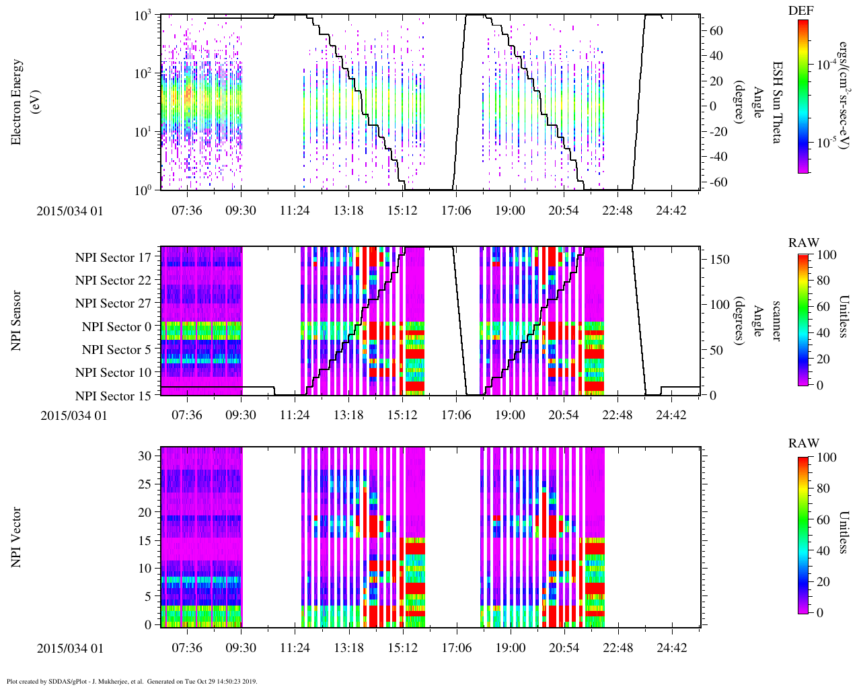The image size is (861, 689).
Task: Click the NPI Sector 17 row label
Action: coord(113,258)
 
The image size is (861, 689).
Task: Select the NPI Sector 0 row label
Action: coord(116,327)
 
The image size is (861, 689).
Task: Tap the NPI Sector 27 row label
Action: coord(113,303)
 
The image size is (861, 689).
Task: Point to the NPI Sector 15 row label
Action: coord(113,396)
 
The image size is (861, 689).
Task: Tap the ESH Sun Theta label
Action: coord(776,102)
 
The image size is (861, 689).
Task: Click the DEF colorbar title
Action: coord(800,11)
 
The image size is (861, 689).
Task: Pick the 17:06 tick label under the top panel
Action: coord(456,211)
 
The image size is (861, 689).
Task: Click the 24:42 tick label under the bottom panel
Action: coord(671,648)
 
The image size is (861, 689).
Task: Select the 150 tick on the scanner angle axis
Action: coord(720,260)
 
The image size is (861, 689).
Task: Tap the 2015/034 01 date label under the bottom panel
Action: coord(70,648)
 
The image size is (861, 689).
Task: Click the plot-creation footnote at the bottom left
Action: coord(132,681)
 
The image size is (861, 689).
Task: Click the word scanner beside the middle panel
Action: coord(776,321)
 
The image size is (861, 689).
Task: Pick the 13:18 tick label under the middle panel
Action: coord(348,415)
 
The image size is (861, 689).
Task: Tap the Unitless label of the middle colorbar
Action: coord(844,316)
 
